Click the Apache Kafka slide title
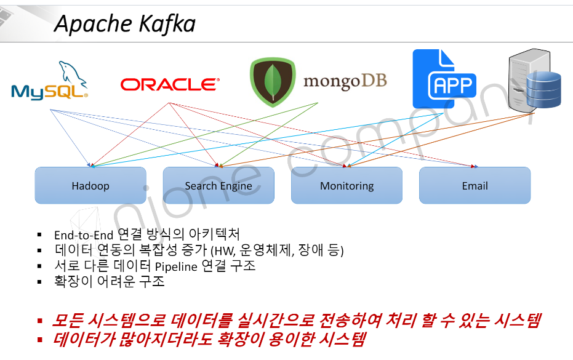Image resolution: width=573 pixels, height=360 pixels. click(124, 23)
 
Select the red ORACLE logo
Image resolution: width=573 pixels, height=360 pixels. click(169, 84)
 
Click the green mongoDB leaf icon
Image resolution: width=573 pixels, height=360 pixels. click(272, 82)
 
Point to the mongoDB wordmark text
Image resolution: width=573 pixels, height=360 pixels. click(345, 81)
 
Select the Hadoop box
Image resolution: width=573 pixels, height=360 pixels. click(90, 185)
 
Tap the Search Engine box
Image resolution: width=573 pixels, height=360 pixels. click(218, 185)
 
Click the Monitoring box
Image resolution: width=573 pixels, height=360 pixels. click(347, 185)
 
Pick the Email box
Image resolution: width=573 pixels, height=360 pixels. click(475, 185)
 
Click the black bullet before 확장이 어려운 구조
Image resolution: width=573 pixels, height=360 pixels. click(39, 282)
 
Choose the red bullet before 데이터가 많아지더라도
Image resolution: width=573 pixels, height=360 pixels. click(40, 340)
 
